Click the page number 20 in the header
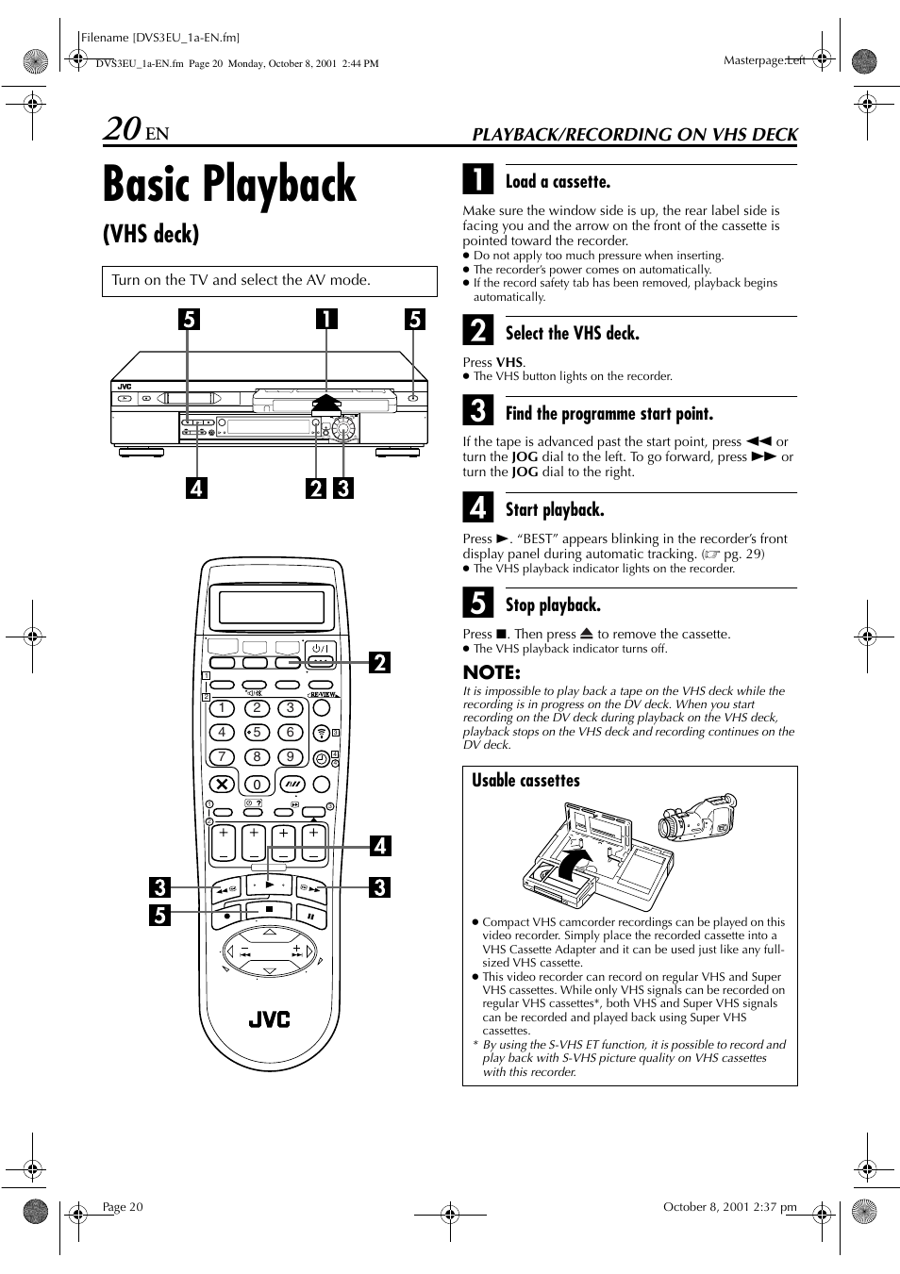(123, 128)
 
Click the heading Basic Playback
(229, 185)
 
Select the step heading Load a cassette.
(558, 182)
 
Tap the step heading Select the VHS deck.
(572, 333)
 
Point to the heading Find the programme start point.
(608, 413)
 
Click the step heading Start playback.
(554, 509)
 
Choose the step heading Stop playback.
(552, 604)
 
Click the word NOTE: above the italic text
(492, 672)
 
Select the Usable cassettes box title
(525, 780)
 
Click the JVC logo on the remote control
(269, 1019)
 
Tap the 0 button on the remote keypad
(257, 784)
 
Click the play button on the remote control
(270, 885)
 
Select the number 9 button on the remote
(291, 756)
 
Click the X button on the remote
(223, 784)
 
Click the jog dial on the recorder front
(344, 430)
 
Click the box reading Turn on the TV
(270, 281)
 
